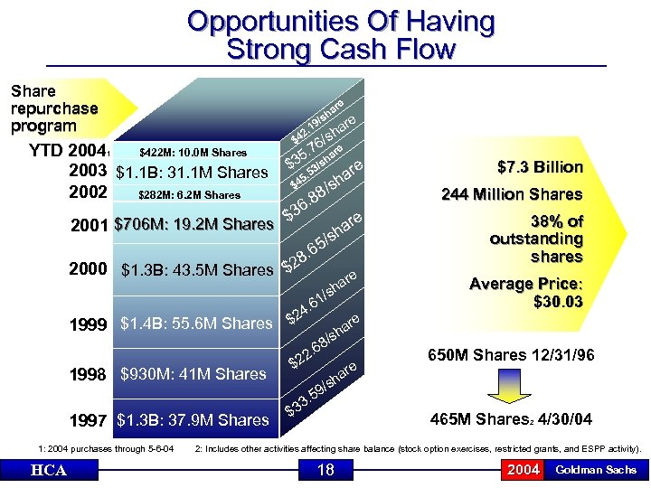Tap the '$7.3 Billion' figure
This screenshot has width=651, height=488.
[x=540, y=167]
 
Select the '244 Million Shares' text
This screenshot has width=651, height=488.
[x=512, y=194]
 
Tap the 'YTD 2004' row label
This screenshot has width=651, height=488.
[x=67, y=151]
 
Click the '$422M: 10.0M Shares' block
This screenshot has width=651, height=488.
[x=192, y=153]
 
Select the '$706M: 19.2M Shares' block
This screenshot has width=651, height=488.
[x=194, y=223]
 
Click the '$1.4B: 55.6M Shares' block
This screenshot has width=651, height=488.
[x=196, y=324]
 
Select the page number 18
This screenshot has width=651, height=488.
[x=325, y=470]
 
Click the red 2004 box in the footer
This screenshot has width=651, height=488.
[x=524, y=470]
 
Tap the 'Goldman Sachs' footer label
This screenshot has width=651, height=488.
[x=595, y=470]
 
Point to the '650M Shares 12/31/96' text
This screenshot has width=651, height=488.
[x=511, y=355]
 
